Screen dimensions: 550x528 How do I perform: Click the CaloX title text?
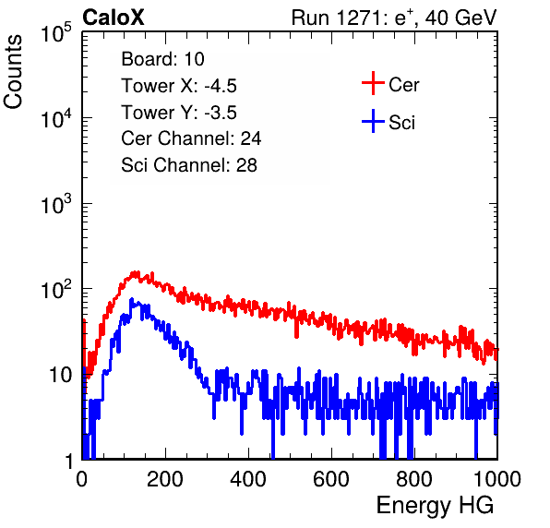tap(114, 18)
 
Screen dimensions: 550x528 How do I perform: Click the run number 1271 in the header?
tap(359, 18)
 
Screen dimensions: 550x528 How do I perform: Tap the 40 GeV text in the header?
tap(460, 18)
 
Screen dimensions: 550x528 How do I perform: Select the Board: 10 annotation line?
tap(162, 59)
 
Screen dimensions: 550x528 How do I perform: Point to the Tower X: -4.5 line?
tap(179, 86)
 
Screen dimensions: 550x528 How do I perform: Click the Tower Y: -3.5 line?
tap(179, 113)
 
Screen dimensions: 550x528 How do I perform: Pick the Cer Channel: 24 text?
tap(191, 138)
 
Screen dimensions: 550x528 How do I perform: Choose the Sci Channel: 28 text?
tap(189, 165)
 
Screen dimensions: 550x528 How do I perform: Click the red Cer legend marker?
tap(373, 83)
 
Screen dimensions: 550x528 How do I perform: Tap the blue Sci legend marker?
tap(373, 121)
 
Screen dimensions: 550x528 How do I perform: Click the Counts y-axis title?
tap(13, 72)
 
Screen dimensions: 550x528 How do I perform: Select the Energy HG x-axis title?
tap(435, 506)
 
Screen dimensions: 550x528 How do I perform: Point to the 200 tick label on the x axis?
tap(165, 479)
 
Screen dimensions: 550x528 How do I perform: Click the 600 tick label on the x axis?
tap(331, 479)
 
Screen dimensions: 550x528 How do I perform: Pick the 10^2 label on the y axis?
tap(56, 289)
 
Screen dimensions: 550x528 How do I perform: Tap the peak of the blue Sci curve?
tap(132, 299)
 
